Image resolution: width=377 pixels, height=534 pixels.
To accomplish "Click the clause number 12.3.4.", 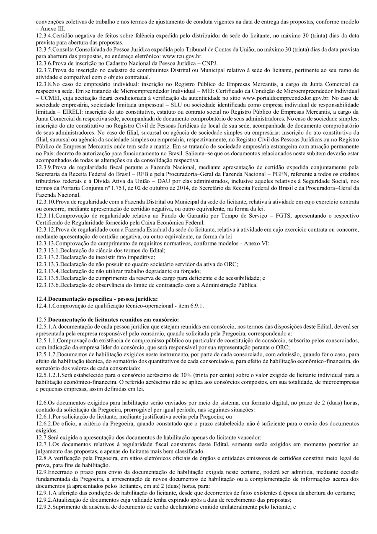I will (x=45, y=36).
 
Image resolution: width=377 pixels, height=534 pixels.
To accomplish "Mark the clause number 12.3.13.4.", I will (x=48, y=271).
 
